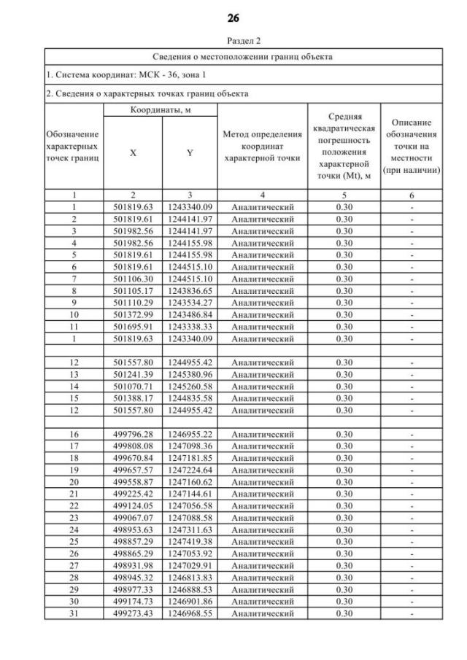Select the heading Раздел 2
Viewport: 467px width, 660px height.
click(x=233, y=41)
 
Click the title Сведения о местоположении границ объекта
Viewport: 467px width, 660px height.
click(x=243, y=56)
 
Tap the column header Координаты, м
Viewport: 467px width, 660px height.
click(x=159, y=109)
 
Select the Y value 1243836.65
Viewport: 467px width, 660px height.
click(x=189, y=290)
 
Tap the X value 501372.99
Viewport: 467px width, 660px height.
click(x=132, y=314)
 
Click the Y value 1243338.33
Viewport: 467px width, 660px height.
click(x=189, y=326)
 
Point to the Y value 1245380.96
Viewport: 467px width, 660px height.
click(x=189, y=374)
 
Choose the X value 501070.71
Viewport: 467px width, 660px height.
click(x=132, y=386)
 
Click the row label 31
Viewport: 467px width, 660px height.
click(x=73, y=613)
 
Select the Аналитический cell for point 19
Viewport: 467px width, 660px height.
click(x=262, y=470)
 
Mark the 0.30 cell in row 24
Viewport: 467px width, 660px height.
click(x=344, y=529)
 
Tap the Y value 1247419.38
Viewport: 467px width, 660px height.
click(x=189, y=542)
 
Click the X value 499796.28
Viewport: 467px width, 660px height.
click(x=132, y=434)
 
